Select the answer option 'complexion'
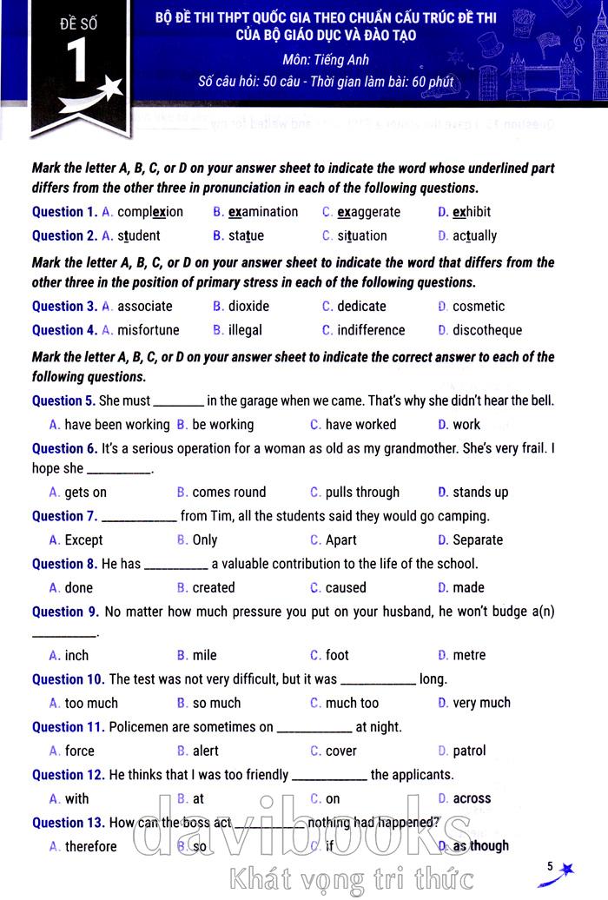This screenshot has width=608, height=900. (x=150, y=212)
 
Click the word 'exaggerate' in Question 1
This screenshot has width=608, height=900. (x=368, y=212)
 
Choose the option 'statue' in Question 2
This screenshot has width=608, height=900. (x=246, y=235)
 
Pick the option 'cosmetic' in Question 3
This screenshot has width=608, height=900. (x=478, y=306)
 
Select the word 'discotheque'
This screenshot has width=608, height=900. (x=487, y=330)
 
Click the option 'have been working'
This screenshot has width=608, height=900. (x=117, y=425)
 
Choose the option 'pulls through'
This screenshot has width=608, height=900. (x=362, y=493)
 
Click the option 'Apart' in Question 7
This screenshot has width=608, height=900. (x=340, y=540)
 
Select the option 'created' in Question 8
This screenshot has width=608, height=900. (x=214, y=588)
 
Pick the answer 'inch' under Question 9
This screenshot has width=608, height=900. (x=76, y=656)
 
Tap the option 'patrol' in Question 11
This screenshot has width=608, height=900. (x=469, y=751)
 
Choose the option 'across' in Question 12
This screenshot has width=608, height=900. (x=472, y=799)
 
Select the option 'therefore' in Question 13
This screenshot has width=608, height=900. (x=90, y=847)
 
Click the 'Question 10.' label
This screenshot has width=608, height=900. (x=68, y=679)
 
